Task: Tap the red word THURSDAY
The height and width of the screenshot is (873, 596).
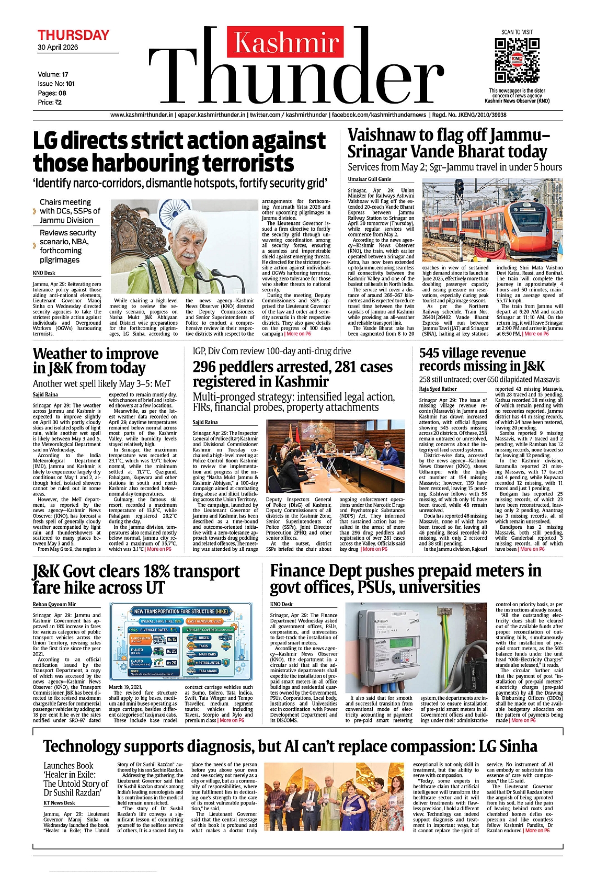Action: (x=73, y=35)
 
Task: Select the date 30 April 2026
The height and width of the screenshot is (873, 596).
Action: (x=58, y=47)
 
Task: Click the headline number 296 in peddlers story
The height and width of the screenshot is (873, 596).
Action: (x=207, y=367)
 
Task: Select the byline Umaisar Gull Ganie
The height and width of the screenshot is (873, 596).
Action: (x=370, y=179)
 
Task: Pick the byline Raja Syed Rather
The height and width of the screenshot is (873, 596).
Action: (x=438, y=389)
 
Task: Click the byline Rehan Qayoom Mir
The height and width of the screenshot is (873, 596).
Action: (x=54, y=604)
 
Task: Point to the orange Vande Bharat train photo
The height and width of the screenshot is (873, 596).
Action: (x=492, y=221)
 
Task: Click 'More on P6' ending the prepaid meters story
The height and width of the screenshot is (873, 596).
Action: (x=523, y=720)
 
